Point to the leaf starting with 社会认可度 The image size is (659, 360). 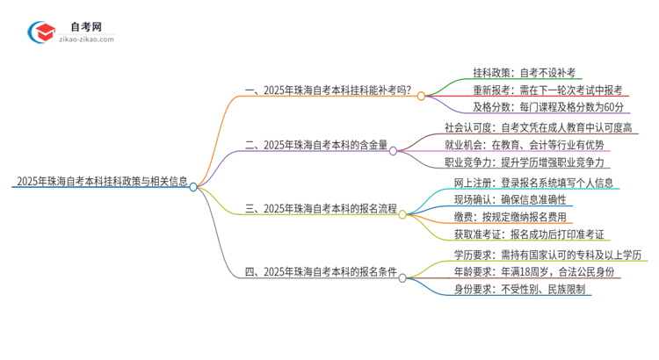538,128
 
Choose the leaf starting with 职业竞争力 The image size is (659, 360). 526,162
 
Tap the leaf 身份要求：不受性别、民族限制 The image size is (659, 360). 518,289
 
